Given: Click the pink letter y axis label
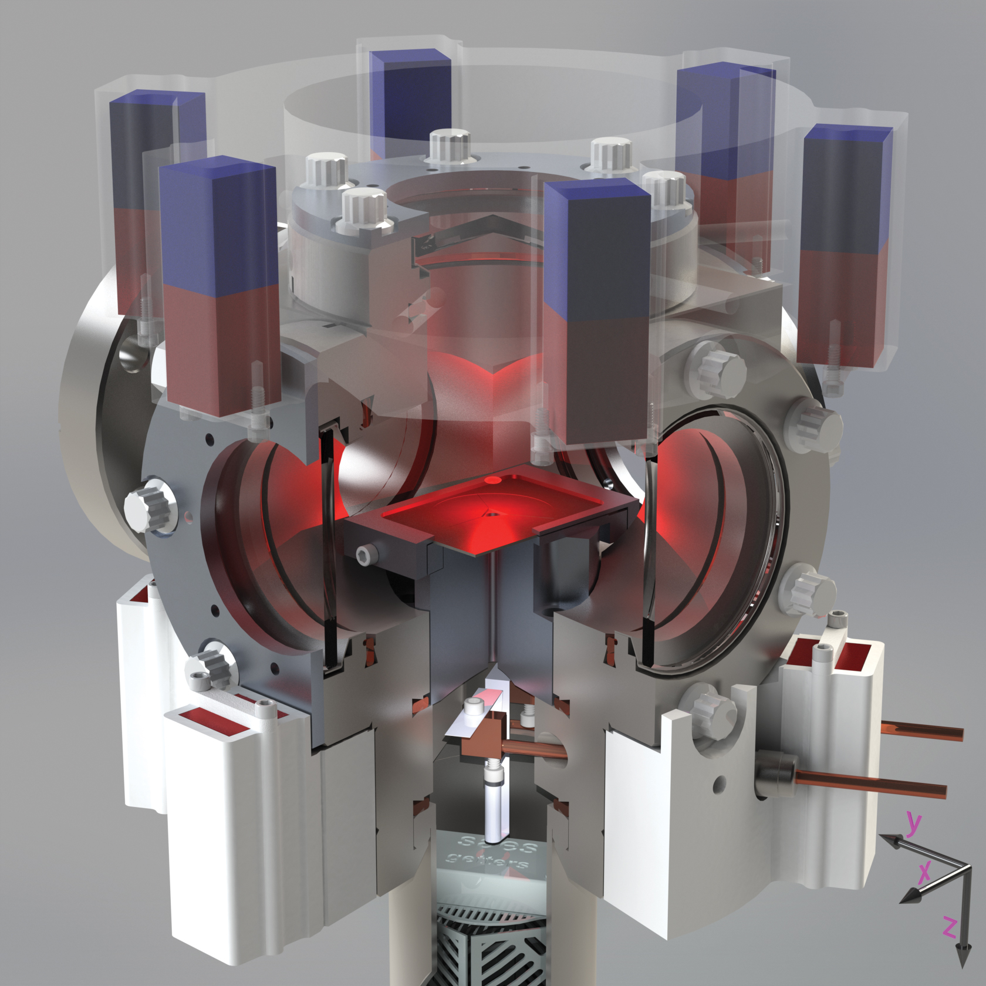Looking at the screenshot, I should point(913,823).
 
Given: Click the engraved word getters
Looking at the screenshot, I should point(487,861).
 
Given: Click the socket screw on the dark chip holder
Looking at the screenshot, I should point(365,554).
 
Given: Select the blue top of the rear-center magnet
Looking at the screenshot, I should point(410,62).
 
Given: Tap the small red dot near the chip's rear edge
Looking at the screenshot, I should point(494,480).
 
